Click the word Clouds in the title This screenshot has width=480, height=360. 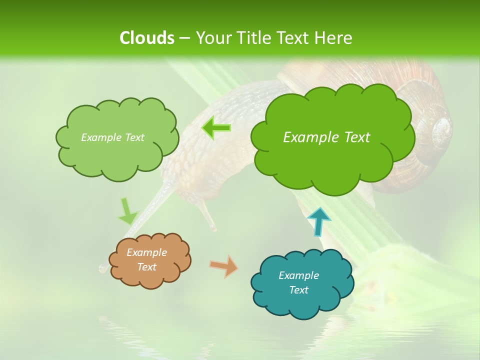(x=147, y=38)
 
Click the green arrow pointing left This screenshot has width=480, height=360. (x=216, y=128)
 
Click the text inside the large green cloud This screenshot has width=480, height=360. (x=326, y=137)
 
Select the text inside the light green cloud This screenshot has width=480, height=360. (x=112, y=137)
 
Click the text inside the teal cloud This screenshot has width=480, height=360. (x=298, y=282)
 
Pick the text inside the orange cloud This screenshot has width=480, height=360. (x=146, y=259)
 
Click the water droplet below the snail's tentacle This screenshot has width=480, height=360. (x=102, y=268)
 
